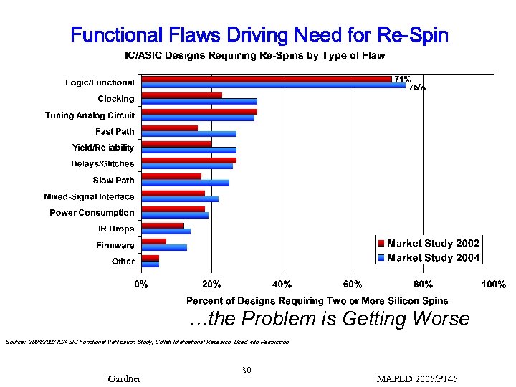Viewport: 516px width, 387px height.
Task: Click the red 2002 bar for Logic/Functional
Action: pos(267,79)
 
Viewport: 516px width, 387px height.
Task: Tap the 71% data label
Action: pos(403,79)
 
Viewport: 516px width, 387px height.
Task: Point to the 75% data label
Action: pos(416,88)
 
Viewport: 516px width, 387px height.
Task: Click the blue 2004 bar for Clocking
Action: pos(199,101)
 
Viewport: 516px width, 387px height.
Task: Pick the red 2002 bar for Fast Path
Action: pos(170,128)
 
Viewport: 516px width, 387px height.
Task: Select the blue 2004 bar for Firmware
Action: pos(164,247)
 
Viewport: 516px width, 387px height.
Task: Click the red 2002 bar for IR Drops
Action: pos(163,226)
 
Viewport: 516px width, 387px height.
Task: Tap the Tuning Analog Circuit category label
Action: pos(90,115)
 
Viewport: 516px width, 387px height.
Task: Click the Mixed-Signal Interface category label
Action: pos(89,196)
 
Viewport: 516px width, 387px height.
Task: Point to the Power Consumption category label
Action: pos(92,213)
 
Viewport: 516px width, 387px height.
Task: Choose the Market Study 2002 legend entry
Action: pos(429,243)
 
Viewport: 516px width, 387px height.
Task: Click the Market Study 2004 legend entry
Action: pos(429,257)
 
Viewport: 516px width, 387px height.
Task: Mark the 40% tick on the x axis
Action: pos(282,285)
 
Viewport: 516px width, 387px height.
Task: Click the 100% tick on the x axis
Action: pos(493,285)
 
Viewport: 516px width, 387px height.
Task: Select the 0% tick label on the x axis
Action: pos(142,285)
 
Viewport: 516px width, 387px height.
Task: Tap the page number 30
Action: pos(246,370)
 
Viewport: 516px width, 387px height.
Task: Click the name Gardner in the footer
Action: pos(124,378)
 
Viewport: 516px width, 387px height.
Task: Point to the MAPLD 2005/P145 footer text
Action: pos(417,378)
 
